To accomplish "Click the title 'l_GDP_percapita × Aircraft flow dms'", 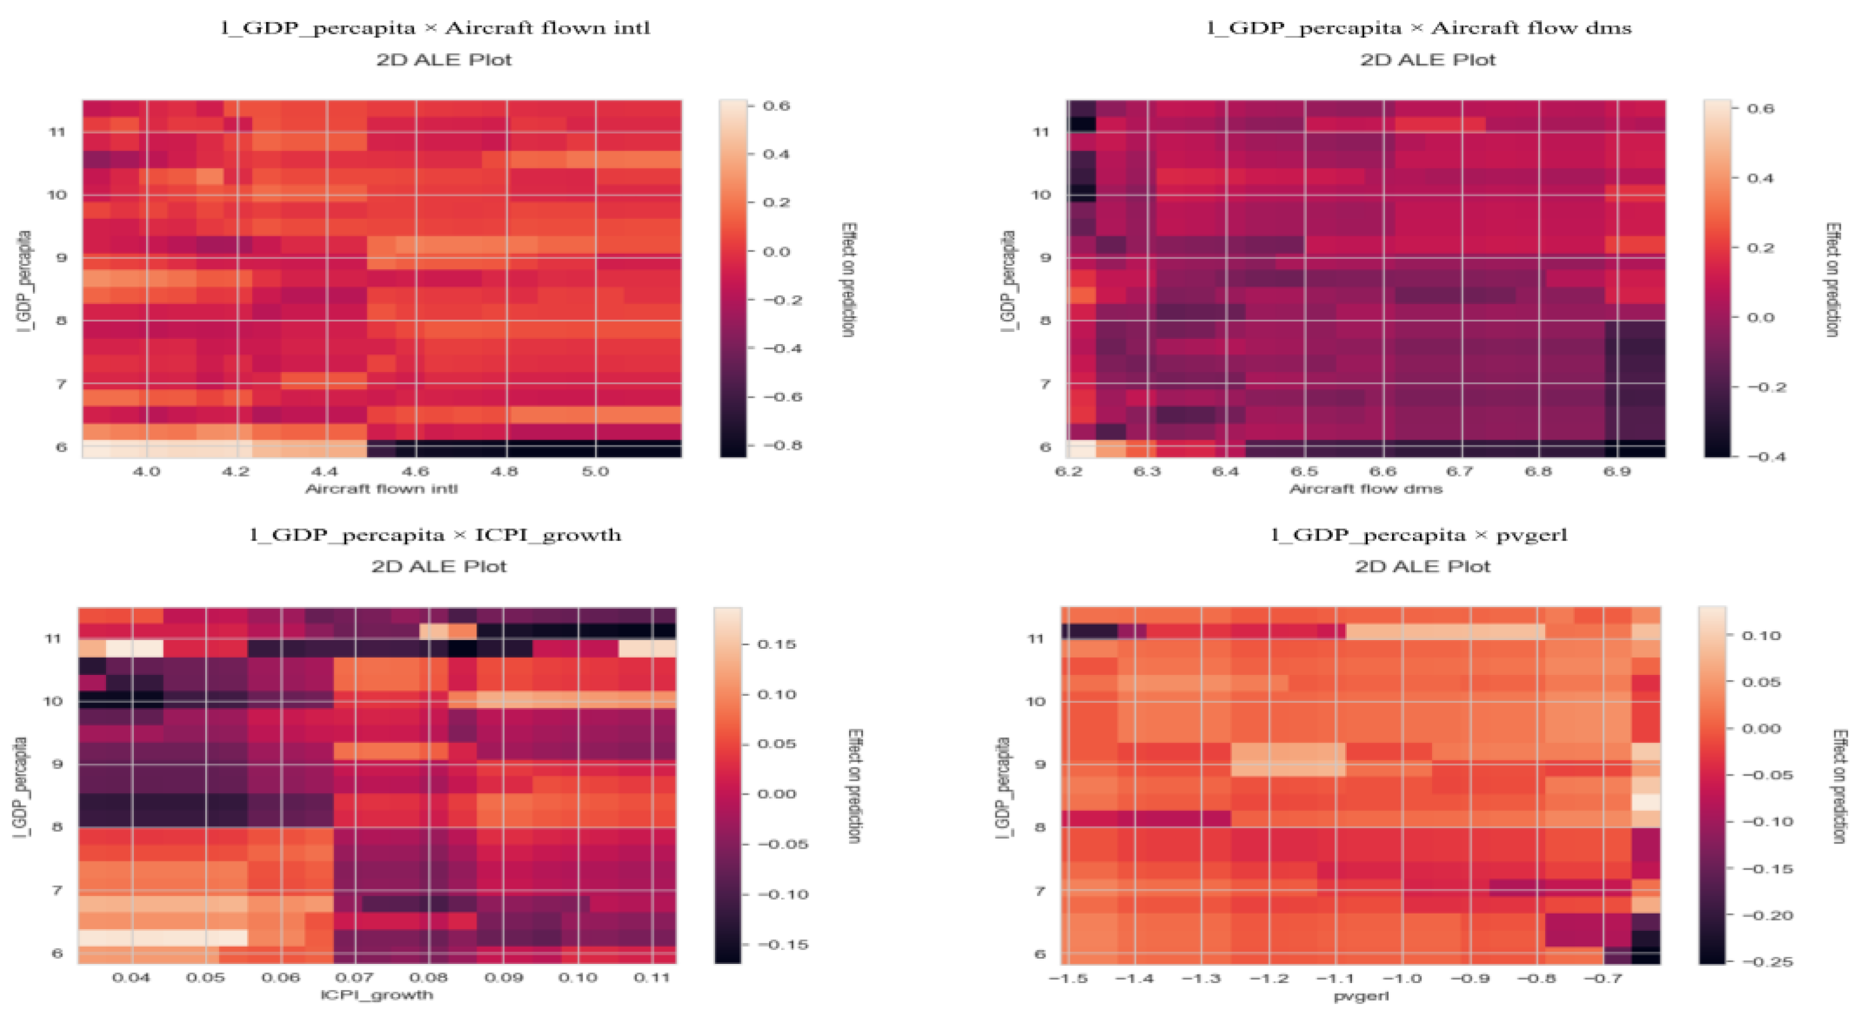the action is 1419,28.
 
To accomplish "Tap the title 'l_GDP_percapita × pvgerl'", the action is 1419,535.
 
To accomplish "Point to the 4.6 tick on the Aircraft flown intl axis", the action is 415,472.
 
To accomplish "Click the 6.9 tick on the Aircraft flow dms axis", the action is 1616,472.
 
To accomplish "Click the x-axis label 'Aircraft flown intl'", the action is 381,489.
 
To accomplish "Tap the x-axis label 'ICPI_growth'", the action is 377,995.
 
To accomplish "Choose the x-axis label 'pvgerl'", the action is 1361,996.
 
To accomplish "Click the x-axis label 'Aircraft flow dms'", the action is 1365,489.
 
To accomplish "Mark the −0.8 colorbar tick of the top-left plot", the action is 782,445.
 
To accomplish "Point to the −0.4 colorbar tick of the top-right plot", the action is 1766,456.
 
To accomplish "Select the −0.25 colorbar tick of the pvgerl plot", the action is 1766,962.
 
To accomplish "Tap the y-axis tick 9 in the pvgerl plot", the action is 1039,764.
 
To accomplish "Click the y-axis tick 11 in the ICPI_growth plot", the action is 53,639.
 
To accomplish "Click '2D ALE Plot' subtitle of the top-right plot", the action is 1427,60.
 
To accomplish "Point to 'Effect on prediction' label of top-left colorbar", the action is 848,280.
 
